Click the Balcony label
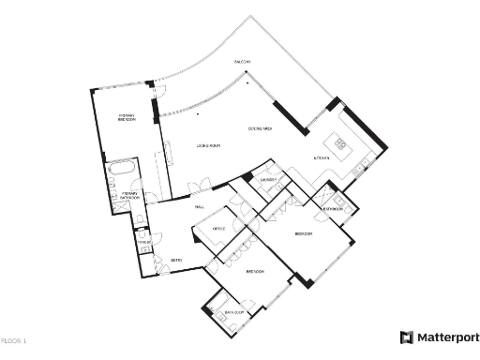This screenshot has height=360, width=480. tap(242, 62)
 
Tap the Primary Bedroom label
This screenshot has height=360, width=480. tap(128, 118)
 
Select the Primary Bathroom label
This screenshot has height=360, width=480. tap(131, 197)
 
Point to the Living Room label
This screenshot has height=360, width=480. tap(207, 146)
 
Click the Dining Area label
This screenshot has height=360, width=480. tap(260, 127)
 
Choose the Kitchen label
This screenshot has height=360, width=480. tap(321, 158)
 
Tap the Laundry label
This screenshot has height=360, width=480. tap(267, 177)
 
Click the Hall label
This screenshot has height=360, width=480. tap(199, 206)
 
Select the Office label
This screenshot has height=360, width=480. tap(218, 228)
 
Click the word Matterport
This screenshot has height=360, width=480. tap(447, 337)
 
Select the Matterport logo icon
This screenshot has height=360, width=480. tap(407, 337)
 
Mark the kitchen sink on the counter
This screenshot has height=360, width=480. tap(362, 167)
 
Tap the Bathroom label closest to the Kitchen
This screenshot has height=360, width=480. tap(333, 208)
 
